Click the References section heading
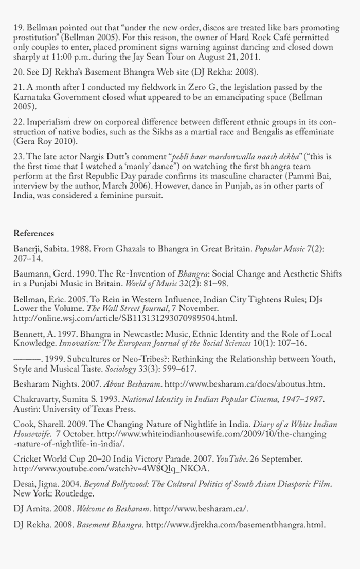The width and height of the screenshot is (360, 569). (x=33, y=233)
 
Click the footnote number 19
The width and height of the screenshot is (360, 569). (x=18, y=27)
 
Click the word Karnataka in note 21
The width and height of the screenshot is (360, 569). (x=32, y=98)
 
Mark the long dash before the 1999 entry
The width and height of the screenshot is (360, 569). (x=27, y=359)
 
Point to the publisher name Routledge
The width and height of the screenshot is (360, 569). (x=75, y=494)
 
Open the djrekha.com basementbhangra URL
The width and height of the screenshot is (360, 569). (x=236, y=525)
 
